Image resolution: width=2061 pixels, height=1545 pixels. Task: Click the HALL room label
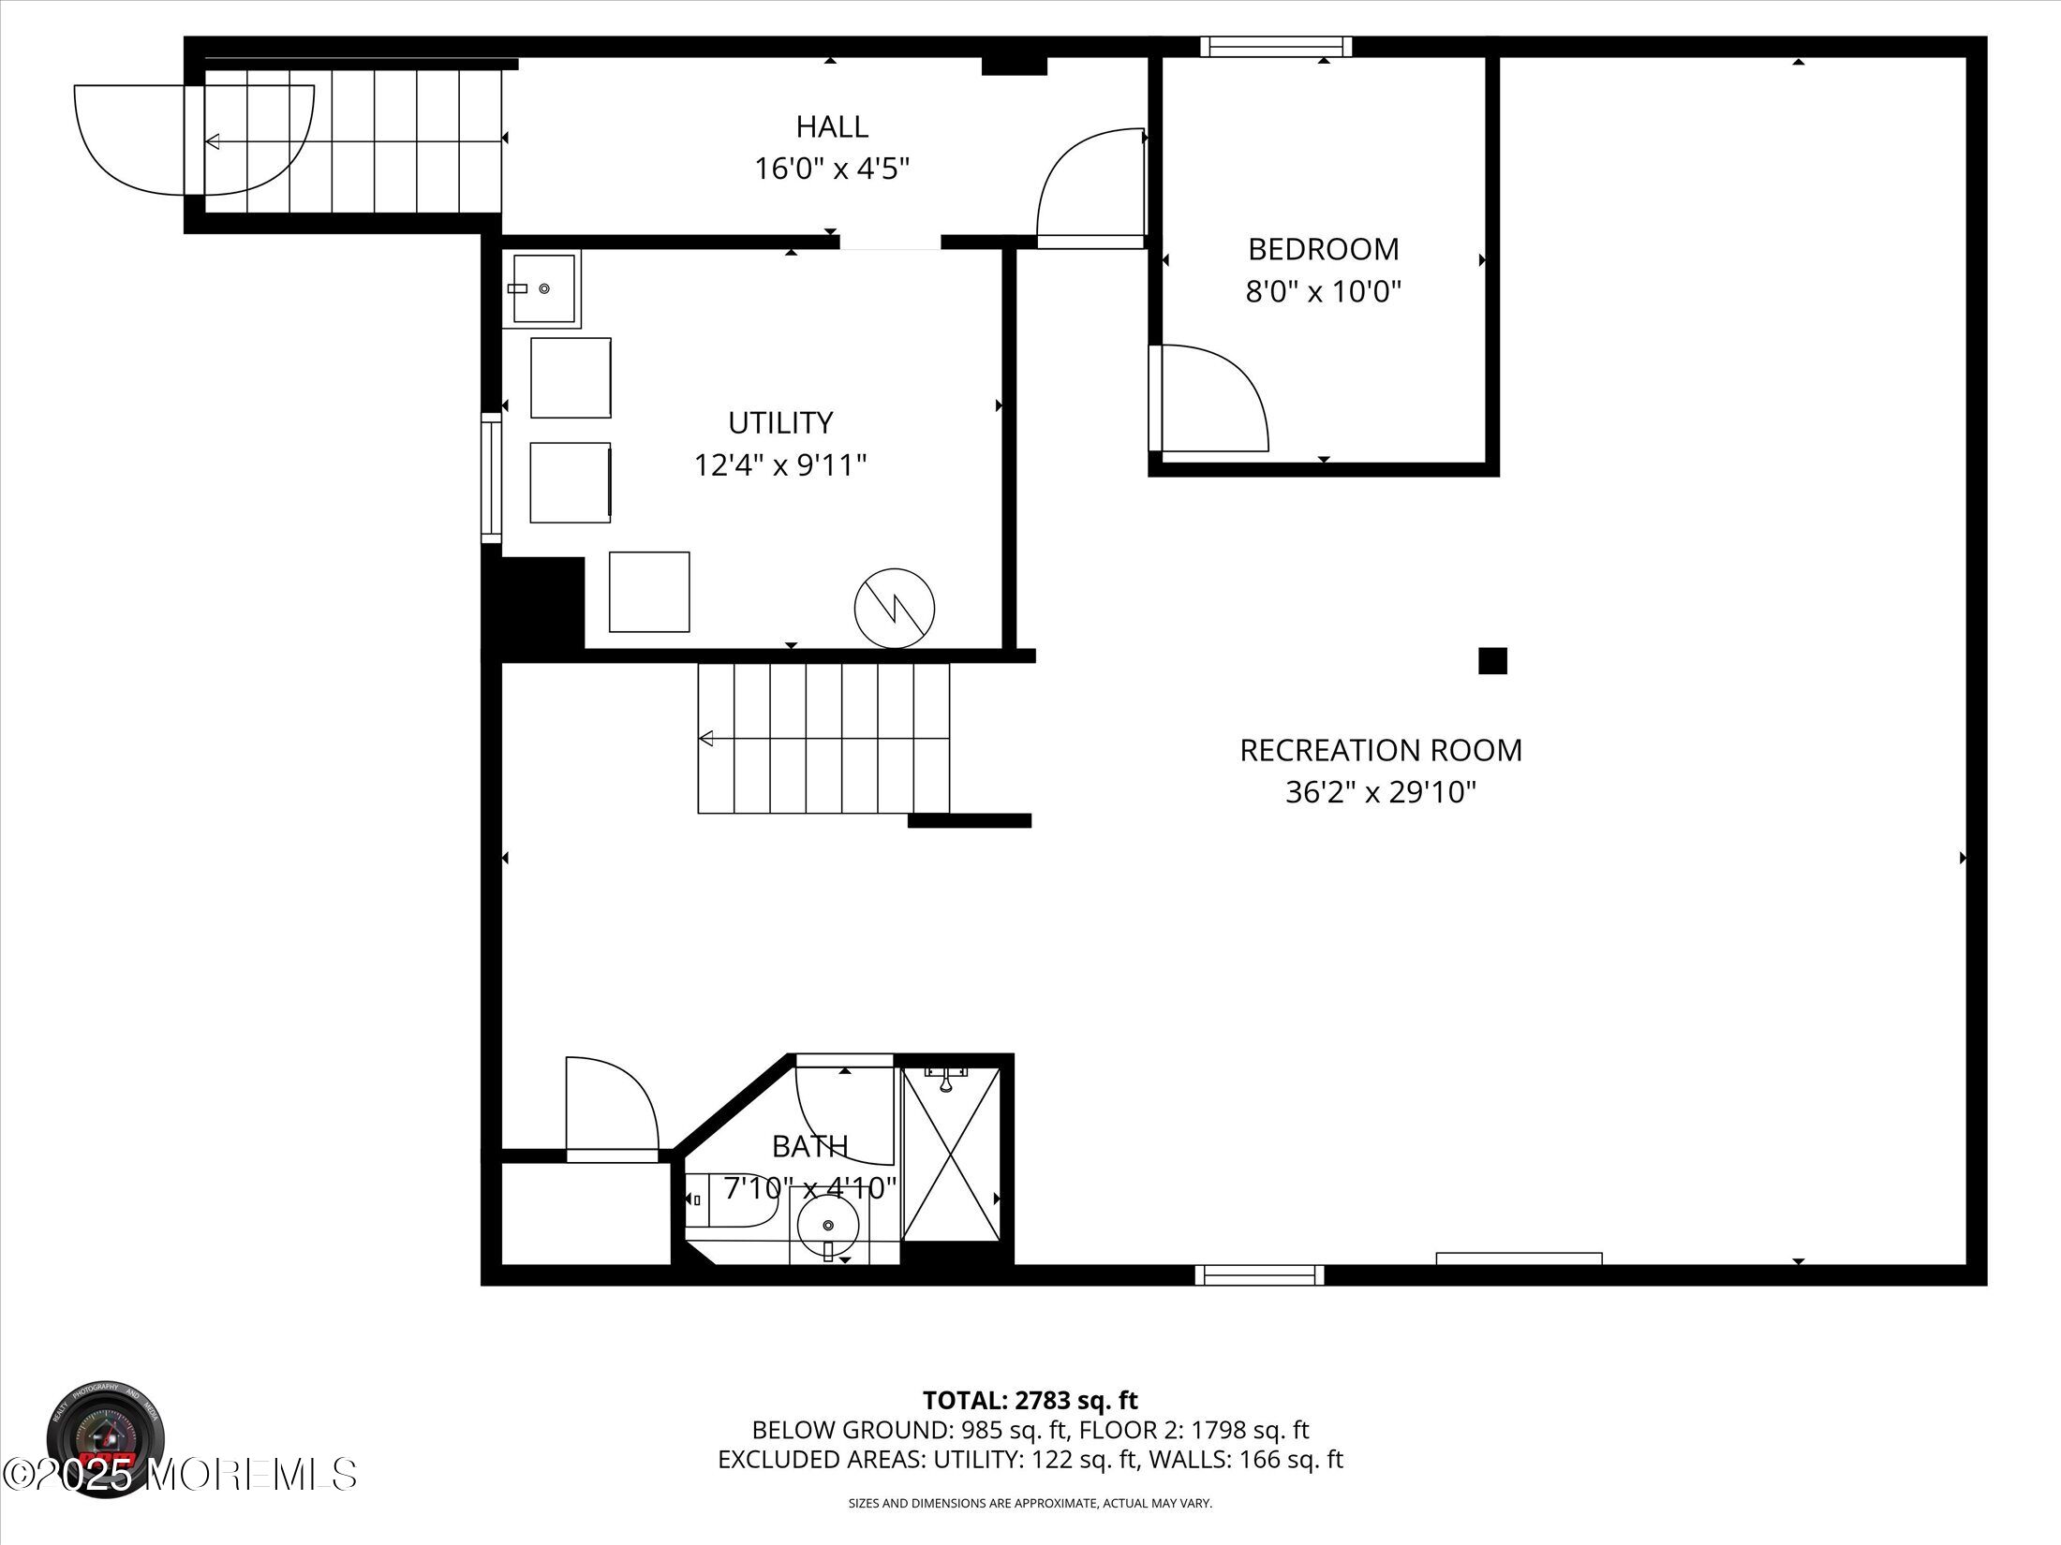(x=832, y=126)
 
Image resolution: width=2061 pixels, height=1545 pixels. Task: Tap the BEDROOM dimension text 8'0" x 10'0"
(x=1323, y=292)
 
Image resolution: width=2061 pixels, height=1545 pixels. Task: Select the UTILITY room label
(x=780, y=423)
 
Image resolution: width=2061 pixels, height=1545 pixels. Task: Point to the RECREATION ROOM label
(x=1381, y=750)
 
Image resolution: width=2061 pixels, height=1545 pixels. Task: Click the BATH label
(x=810, y=1146)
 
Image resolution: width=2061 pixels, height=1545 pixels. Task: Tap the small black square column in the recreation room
(x=1492, y=661)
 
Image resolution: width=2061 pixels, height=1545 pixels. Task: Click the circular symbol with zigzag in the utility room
(x=895, y=608)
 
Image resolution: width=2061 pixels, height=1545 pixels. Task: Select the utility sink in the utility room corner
(x=541, y=288)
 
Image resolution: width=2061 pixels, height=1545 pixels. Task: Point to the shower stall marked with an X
(x=951, y=1155)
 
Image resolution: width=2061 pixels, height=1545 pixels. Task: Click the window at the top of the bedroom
(x=1276, y=46)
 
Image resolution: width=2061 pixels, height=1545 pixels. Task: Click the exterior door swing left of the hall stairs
(x=192, y=140)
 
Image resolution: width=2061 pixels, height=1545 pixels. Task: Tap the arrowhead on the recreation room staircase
(x=706, y=739)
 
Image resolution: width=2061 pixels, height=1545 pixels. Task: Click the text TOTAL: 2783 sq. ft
(x=1030, y=1426)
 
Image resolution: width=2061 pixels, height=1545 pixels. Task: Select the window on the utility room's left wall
(x=491, y=478)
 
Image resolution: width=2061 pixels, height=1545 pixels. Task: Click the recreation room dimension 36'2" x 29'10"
(x=1381, y=793)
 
